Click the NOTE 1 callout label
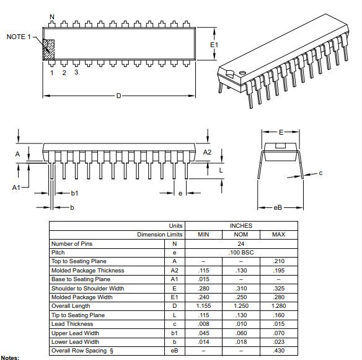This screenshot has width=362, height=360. click(x=19, y=37)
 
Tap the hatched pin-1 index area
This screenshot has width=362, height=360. click(x=49, y=50)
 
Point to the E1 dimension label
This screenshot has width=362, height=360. click(x=214, y=45)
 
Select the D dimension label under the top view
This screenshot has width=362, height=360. click(x=118, y=96)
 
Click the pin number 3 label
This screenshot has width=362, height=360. click(x=76, y=72)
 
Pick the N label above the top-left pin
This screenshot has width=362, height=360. click(x=52, y=17)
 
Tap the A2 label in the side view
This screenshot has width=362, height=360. click(x=207, y=152)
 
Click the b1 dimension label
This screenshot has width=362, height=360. click(x=74, y=193)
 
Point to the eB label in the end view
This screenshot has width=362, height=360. click(x=278, y=207)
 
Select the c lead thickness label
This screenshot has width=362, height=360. click(x=320, y=173)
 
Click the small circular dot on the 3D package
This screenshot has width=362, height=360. click(x=242, y=73)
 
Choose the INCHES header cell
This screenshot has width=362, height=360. click(x=241, y=226)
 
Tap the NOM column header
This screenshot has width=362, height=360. click(x=241, y=235)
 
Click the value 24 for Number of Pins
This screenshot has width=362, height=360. click(x=241, y=244)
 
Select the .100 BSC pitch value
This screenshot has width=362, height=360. click(x=241, y=253)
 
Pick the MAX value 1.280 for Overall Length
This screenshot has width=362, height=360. click(x=279, y=306)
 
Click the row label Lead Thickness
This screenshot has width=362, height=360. click(x=73, y=324)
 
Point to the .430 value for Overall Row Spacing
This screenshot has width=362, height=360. click(x=279, y=351)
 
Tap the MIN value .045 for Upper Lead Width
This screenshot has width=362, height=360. click(x=203, y=333)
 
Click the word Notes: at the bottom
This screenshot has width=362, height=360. click(x=10, y=358)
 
